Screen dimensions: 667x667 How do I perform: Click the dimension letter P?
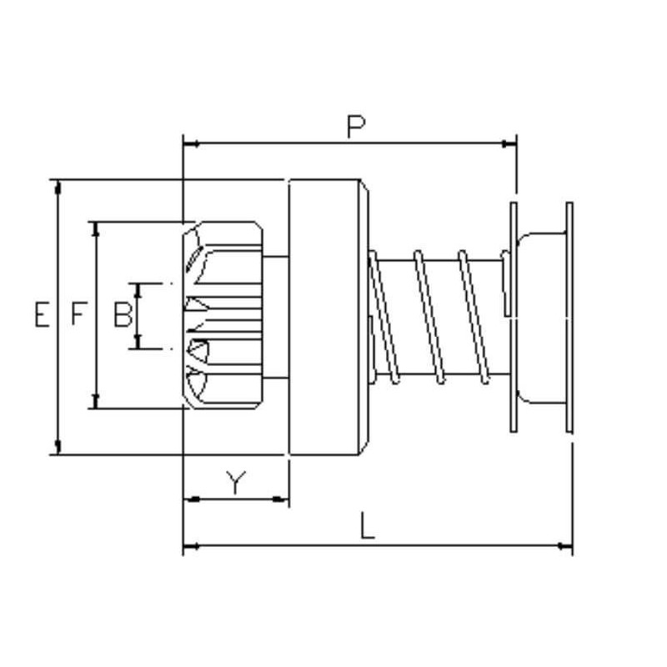click(x=356, y=126)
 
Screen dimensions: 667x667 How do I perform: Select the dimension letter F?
click(x=78, y=314)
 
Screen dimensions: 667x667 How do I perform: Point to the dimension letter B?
click(x=123, y=314)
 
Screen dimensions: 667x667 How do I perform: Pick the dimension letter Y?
click(x=236, y=483)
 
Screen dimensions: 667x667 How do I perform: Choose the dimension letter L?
click(x=368, y=527)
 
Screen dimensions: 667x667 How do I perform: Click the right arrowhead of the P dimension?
click(x=510, y=144)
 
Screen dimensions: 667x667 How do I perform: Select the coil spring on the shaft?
click(x=434, y=315)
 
